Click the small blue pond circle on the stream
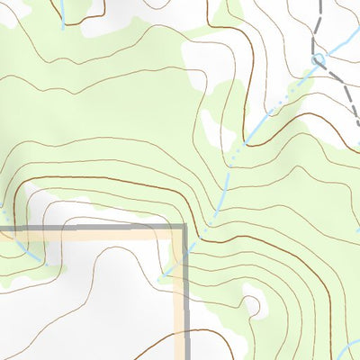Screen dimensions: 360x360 click(317, 59)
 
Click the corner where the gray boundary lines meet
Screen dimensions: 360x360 click(184, 228)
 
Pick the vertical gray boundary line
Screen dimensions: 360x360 click(185, 297)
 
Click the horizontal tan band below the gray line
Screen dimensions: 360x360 click(90, 236)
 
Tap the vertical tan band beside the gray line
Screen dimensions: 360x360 click(178, 297)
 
